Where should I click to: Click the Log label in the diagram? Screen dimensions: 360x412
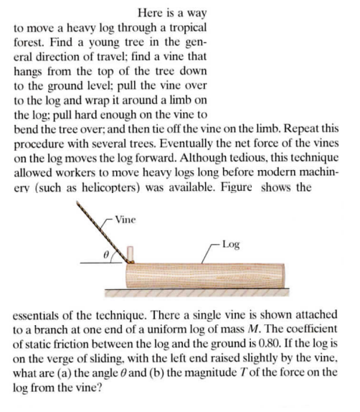pos(235,244)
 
